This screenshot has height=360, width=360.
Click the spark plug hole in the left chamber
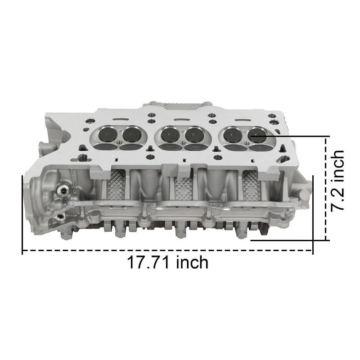click(119, 144)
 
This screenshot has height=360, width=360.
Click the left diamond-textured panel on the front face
click(116, 187)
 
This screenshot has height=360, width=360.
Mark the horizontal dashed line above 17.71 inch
click(166, 250)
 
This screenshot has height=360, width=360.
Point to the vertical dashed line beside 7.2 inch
click(325, 189)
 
